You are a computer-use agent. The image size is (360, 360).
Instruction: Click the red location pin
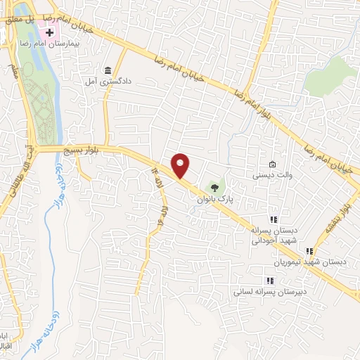181,165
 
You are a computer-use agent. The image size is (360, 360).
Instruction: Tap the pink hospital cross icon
50,33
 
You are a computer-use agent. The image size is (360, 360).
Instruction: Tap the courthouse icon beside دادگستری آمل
107,70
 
